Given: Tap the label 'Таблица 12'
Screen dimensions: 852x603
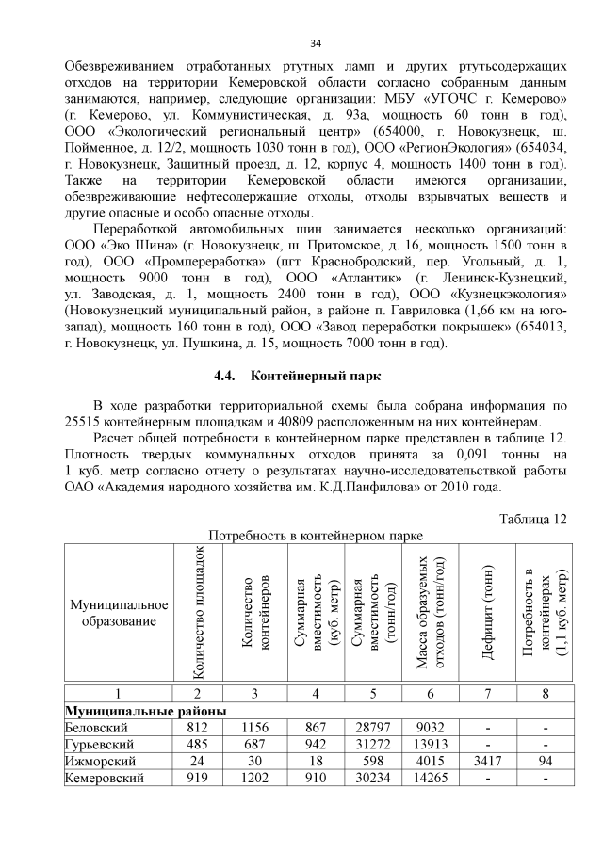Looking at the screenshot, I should coord(534,520).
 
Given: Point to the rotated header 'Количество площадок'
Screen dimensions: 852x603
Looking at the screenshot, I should coord(200,613).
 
